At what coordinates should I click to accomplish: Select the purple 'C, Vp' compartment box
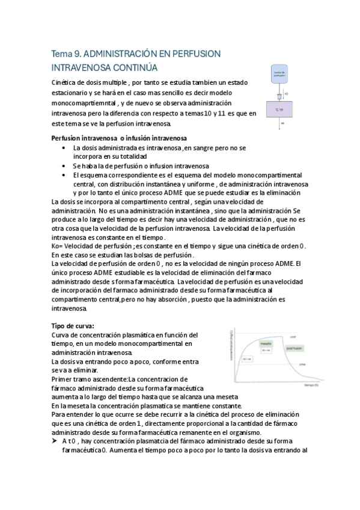pos(280,109)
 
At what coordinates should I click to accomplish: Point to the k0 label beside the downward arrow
pos(287,94)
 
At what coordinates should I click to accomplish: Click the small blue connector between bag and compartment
pos(279,96)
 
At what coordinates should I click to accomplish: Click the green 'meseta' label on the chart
pos(266,343)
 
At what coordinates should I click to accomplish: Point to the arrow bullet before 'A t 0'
pos(55,441)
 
